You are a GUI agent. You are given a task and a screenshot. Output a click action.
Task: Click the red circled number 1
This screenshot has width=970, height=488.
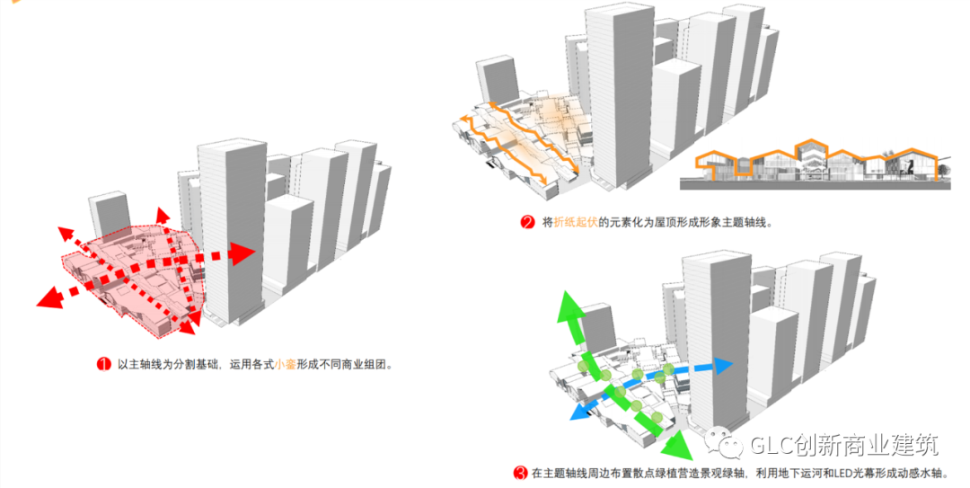tap(103, 365)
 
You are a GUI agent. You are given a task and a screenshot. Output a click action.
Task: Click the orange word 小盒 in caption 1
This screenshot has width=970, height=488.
tap(286, 365)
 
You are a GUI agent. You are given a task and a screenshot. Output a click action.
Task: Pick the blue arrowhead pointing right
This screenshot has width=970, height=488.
tap(723, 365)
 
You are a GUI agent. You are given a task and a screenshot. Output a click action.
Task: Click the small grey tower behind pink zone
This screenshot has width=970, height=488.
tap(110, 216)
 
